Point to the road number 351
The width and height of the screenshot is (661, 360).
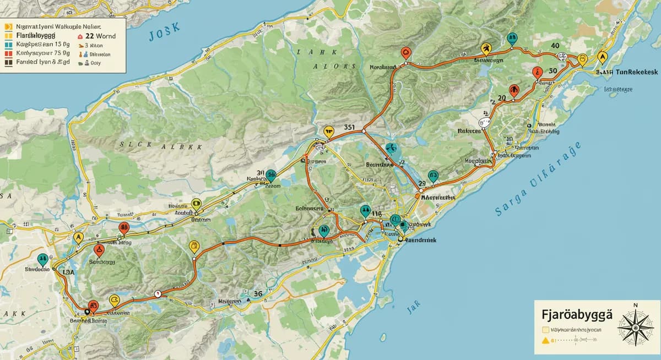(x=349, y=127)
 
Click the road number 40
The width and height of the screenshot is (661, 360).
(x=555, y=46)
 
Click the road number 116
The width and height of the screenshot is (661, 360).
(x=377, y=213)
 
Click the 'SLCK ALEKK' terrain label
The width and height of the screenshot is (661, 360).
(x=161, y=148)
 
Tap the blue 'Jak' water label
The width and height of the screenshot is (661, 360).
(x=413, y=309)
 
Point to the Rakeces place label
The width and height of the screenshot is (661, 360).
(x=469, y=132)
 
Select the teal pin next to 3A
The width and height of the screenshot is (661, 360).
(x=270, y=176)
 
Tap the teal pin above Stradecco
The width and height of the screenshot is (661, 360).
(x=42, y=259)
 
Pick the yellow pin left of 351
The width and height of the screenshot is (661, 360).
(x=329, y=130)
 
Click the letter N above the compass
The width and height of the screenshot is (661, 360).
(x=635, y=305)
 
